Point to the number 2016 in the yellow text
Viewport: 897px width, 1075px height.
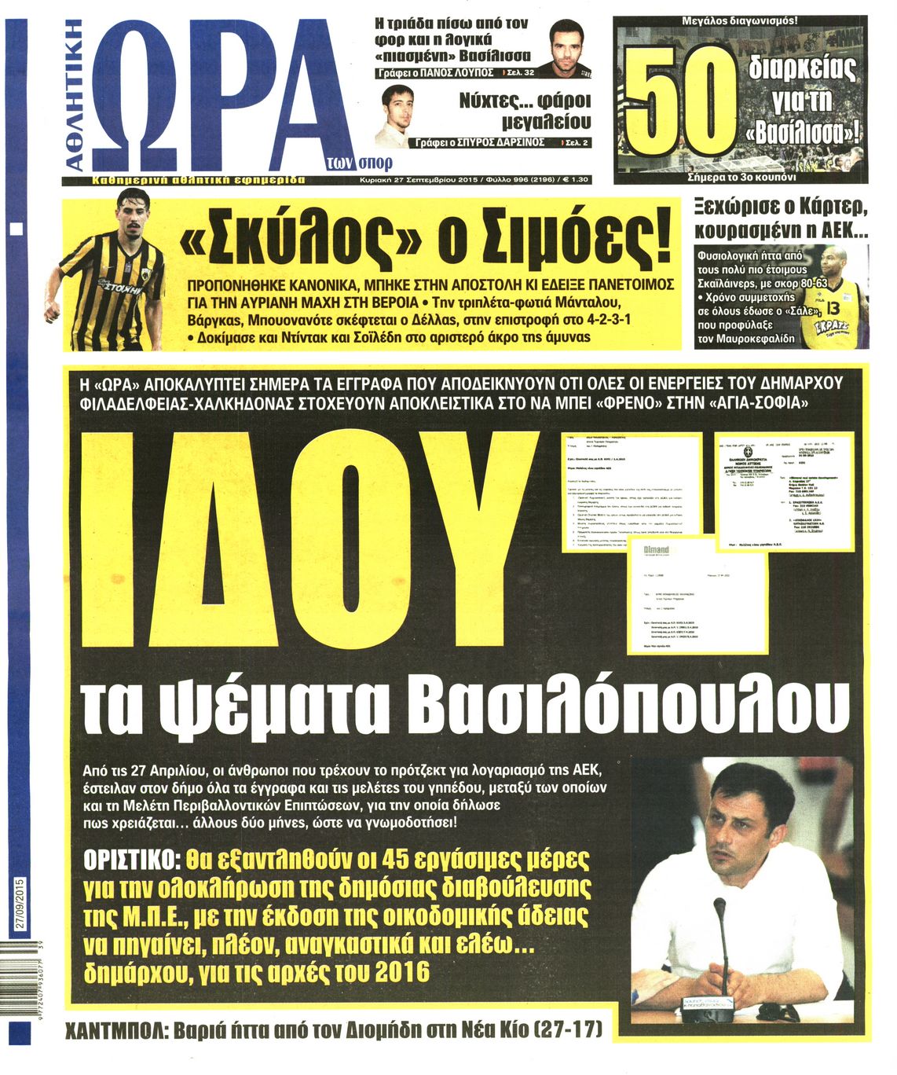402,972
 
